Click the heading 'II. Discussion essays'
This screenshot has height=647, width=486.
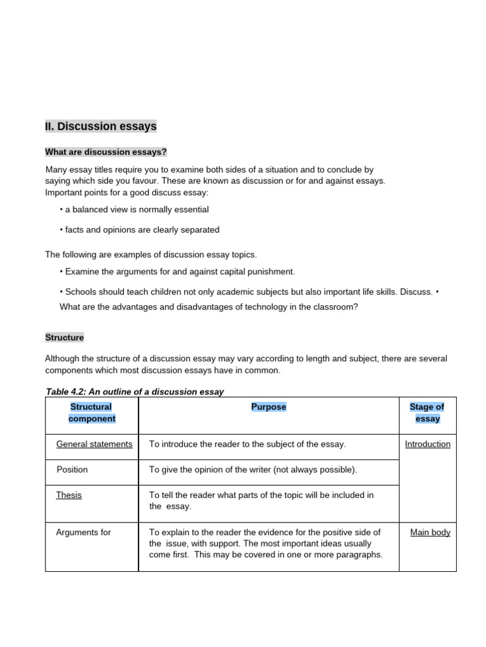101,126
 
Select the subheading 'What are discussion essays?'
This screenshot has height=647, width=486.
106,152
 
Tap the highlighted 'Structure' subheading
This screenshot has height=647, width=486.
64,337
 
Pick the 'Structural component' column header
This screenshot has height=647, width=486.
92,413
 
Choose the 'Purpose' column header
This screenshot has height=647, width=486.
268,407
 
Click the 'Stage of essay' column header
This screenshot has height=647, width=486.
427,413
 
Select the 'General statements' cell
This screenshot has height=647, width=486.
94,444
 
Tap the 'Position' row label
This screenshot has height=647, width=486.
72,469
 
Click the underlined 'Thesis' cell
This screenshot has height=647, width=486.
69,495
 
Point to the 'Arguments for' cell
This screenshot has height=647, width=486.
84,532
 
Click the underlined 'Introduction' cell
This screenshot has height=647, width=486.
428,444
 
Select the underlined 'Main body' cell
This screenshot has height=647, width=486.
430,532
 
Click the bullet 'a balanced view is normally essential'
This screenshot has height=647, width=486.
136,209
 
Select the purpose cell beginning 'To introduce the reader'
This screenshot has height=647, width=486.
247,444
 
